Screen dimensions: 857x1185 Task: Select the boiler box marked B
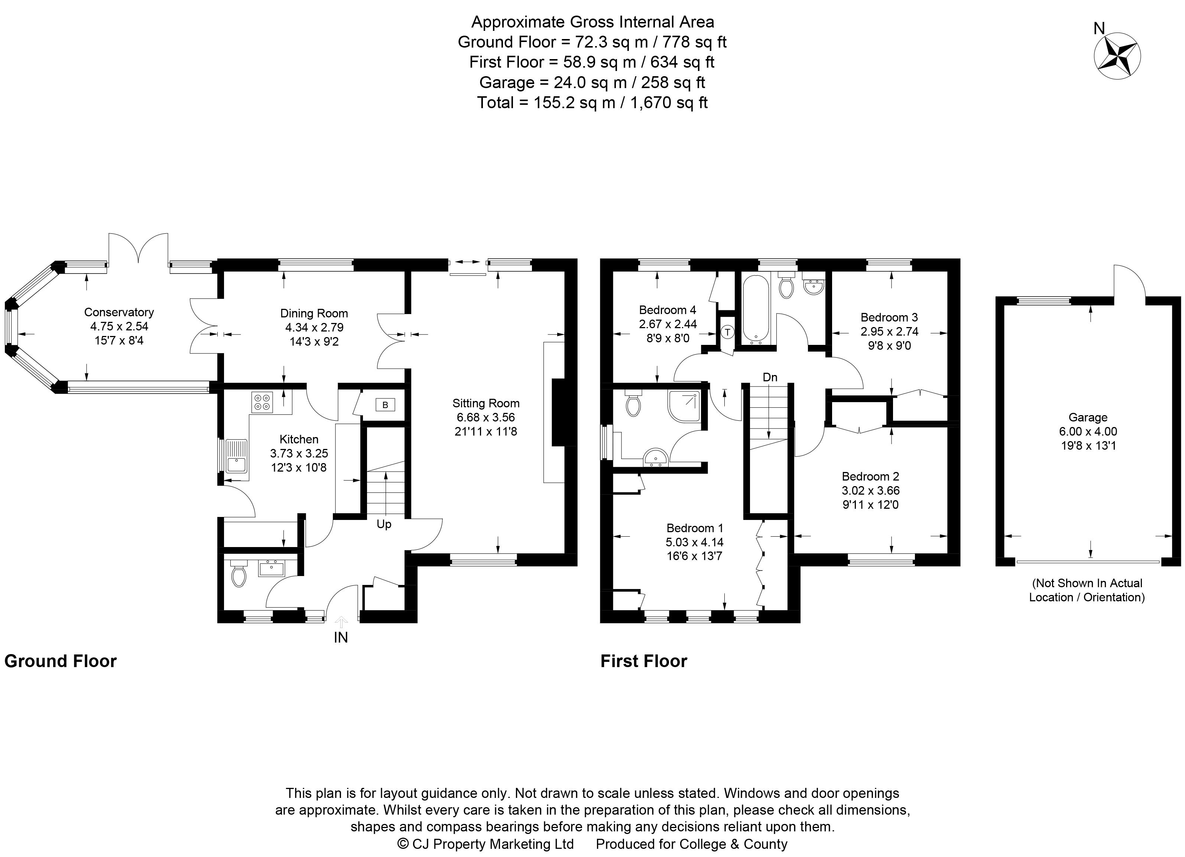point(385,405)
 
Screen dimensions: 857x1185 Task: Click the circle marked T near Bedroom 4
point(727,332)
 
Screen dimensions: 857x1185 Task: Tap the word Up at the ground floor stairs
point(384,524)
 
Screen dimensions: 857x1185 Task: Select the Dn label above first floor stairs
point(770,377)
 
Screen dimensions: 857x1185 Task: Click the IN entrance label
point(341,637)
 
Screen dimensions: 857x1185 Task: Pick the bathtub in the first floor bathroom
point(756,310)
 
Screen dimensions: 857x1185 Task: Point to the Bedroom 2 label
point(870,476)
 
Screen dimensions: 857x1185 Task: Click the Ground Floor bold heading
point(61,661)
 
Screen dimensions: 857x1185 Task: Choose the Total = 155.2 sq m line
point(592,103)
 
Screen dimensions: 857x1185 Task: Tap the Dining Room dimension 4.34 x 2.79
point(314,328)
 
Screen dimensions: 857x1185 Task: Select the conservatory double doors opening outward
point(139,248)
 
